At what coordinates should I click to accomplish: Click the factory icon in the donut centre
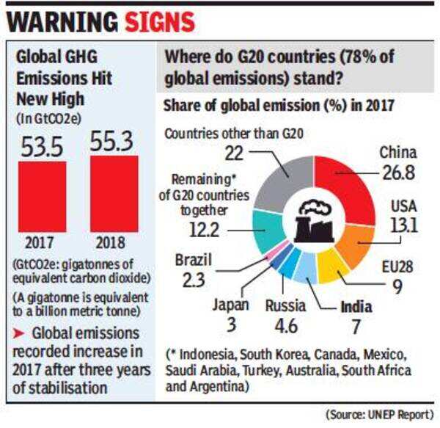tap(315, 220)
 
